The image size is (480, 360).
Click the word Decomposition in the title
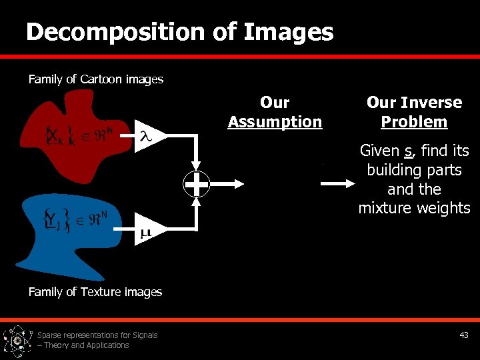click(x=116, y=32)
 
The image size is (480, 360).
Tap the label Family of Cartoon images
click(x=95, y=79)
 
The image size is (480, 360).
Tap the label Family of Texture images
click(x=95, y=292)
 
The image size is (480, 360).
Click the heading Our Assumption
click(x=275, y=112)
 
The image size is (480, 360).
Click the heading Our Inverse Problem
click(x=414, y=112)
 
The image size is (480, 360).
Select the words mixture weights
click(x=414, y=208)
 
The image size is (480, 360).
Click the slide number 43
click(x=464, y=335)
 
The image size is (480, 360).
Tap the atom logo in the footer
click(x=17, y=341)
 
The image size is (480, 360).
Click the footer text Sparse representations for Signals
click(x=97, y=335)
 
